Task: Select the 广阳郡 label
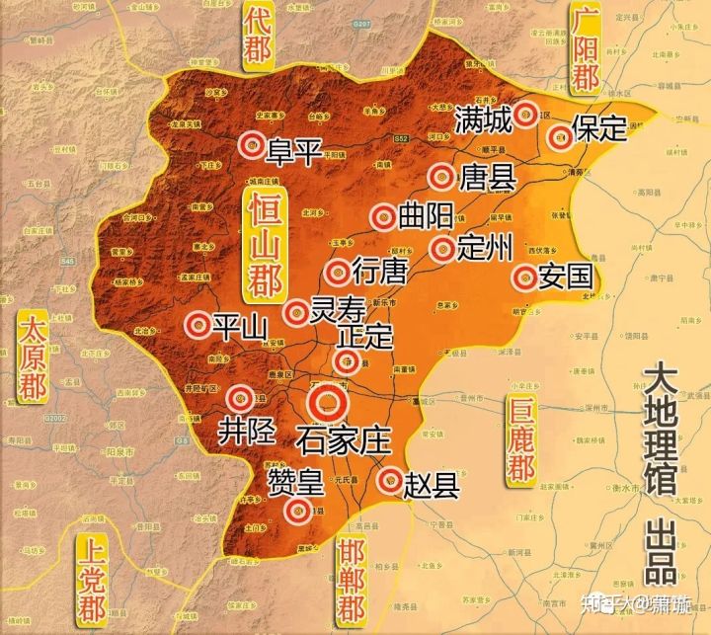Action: pos(585,54)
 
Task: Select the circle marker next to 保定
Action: pos(560,137)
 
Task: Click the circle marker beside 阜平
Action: pos(252,145)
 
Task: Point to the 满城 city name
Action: pos(483,120)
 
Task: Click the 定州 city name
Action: pos(485,247)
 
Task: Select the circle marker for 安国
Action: pos(524,278)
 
